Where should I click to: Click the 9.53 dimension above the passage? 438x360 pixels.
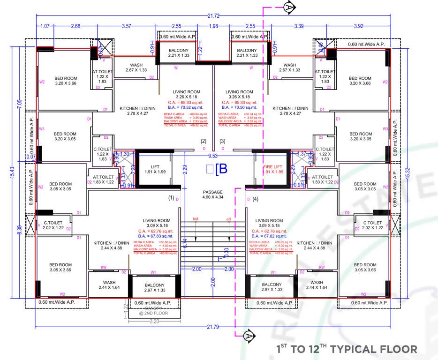pyautogui.click(x=213, y=156)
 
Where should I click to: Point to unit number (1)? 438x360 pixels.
pyautogui.click(x=172, y=198)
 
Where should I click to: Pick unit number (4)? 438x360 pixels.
pyautogui.click(x=255, y=198)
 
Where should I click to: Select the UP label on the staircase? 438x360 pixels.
pyautogui.click(x=229, y=219)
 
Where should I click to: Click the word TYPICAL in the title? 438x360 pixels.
pyautogui.click(x=360, y=349)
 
